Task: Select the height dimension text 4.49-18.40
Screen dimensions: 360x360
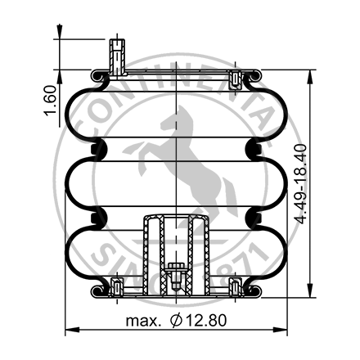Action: pyautogui.click(x=325, y=184)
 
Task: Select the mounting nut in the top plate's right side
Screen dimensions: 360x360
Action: pyautogui.click(x=236, y=79)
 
